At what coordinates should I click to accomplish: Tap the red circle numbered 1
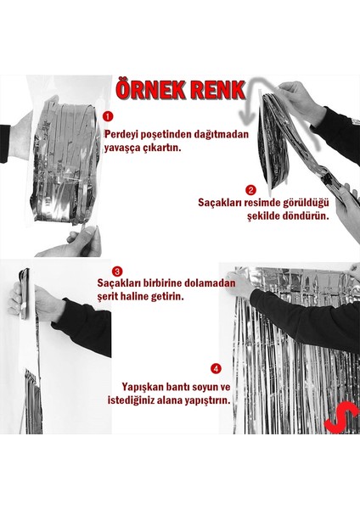107,115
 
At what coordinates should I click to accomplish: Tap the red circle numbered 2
250,191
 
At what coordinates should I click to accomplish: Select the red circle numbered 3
118,271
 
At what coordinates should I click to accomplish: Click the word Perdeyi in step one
124,134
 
